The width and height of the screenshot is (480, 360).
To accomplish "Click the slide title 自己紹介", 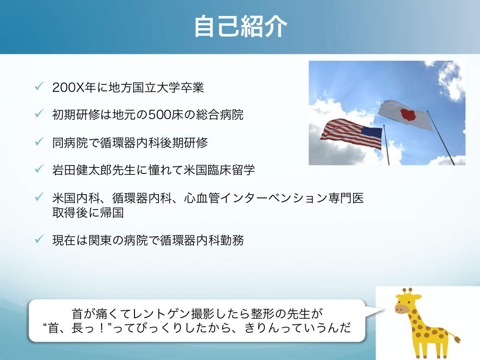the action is click(x=240, y=27).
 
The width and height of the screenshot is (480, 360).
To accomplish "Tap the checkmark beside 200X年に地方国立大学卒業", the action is click(x=39, y=86).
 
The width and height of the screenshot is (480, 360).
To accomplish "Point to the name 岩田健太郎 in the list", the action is click(x=82, y=170).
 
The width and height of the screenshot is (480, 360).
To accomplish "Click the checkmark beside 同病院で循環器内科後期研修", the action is click(x=39, y=142).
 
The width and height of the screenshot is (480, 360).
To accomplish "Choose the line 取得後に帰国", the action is click(x=88, y=212).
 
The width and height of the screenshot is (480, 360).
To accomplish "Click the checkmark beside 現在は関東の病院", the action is click(x=39, y=239).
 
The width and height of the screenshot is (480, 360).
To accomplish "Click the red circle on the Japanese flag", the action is click(x=407, y=114).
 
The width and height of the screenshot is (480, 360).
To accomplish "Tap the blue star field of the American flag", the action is click(x=372, y=133).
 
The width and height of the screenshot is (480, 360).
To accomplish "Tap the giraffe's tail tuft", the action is click(x=457, y=339).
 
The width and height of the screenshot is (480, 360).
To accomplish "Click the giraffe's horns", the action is click(x=408, y=291).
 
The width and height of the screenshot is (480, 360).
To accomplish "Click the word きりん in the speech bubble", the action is click(x=262, y=328).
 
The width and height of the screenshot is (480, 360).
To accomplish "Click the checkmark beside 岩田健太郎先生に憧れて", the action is click(x=39, y=169).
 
